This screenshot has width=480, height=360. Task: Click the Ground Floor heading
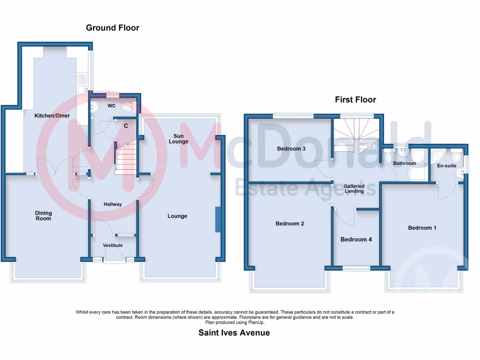pyautogui.click(x=112, y=28)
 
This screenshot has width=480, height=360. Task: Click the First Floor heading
pyautogui.click(x=355, y=99)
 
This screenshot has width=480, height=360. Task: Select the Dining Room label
pyautogui.click(x=44, y=216)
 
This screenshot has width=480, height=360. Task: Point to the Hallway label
pyautogui.click(x=112, y=204)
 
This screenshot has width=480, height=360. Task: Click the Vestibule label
pyautogui.click(x=112, y=245)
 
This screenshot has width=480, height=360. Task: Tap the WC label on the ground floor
pyautogui.click(x=112, y=106)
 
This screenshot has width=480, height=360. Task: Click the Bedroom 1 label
pyautogui.click(x=422, y=228)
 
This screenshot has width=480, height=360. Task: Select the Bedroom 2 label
pyautogui.click(x=290, y=224)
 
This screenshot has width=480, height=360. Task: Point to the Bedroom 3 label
pyautogui.click(x=291, y=149)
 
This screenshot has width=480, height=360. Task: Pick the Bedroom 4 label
pyautogui.click(x=356, y=240)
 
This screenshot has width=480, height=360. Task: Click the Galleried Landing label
pyautogui.click(x=354, y=188)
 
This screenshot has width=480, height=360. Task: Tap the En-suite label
pyautogui.click(x=447, y=165)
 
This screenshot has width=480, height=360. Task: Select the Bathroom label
pyautogui.click(x=405, y=163)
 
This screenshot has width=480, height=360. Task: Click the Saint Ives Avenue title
pyautogui.click(x=234, y=333)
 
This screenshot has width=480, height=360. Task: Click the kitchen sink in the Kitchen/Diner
pyautogui.click(x=82, y=88)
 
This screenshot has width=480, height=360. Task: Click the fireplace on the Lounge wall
pyautogui.click(x=217, y=219)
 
